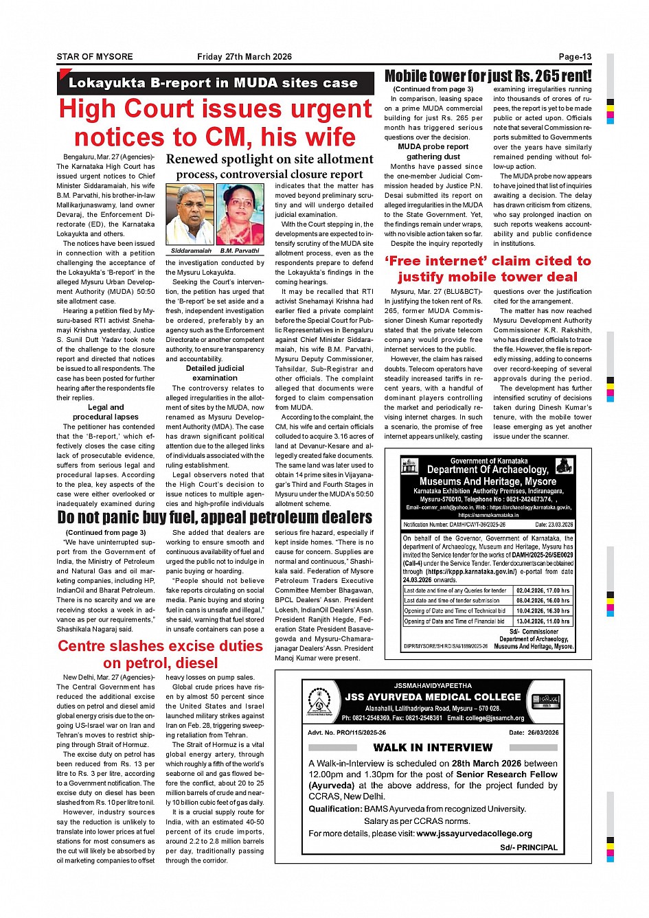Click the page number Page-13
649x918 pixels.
click(x=575, y=57)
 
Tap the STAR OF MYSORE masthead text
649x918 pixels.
click(x=95, y=57)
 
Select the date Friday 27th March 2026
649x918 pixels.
click(x=244, y=57)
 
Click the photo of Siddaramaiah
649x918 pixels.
click(x=190, y=214)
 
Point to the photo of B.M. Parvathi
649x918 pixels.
click(x=240, y=214)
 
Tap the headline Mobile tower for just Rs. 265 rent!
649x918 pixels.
click(x=488, y=76)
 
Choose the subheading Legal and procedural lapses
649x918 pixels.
click(x=106, y=412)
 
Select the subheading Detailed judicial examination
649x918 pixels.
click(x=215, y=373)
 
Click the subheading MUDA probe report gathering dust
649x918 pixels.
click(x=433, y=151)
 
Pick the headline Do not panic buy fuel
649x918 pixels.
click(x=214, y=517)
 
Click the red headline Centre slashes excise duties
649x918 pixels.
click(x=160, y=654)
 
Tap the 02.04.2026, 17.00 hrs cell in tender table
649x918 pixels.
click(x=543, y=590)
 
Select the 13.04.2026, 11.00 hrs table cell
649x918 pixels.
click(x=543, y=621)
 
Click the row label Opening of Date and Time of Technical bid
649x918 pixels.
click(x=455, y=611)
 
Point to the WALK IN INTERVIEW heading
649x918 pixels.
click(x=433, y=747)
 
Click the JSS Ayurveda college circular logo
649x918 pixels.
click(x=319, y=702)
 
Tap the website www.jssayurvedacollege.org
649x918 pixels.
click(x=474, y=834)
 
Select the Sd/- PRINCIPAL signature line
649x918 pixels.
click(x=529, y=847)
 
